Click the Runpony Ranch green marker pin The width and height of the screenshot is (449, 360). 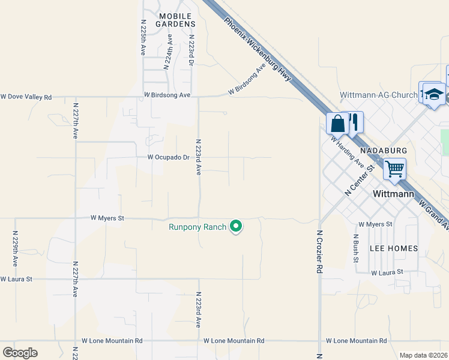pos(237,226)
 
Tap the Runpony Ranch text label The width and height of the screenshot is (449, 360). pos(197,227)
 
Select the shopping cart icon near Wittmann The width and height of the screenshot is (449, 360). pos(394,169)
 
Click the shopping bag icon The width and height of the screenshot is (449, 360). pos(337,124)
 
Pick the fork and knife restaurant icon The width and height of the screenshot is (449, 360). pos(354,122)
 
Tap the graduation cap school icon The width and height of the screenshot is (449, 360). pos(434,95)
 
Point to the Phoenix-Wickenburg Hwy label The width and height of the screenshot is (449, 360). pos(258,50)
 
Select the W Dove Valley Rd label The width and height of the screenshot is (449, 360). pos(26,97)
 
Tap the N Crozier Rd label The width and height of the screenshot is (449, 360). pos(319,253)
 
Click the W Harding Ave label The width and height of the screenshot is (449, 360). pos(348,151)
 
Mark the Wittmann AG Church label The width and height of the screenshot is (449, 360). pos(378,95)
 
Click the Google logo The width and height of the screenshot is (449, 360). pos(20,353)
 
